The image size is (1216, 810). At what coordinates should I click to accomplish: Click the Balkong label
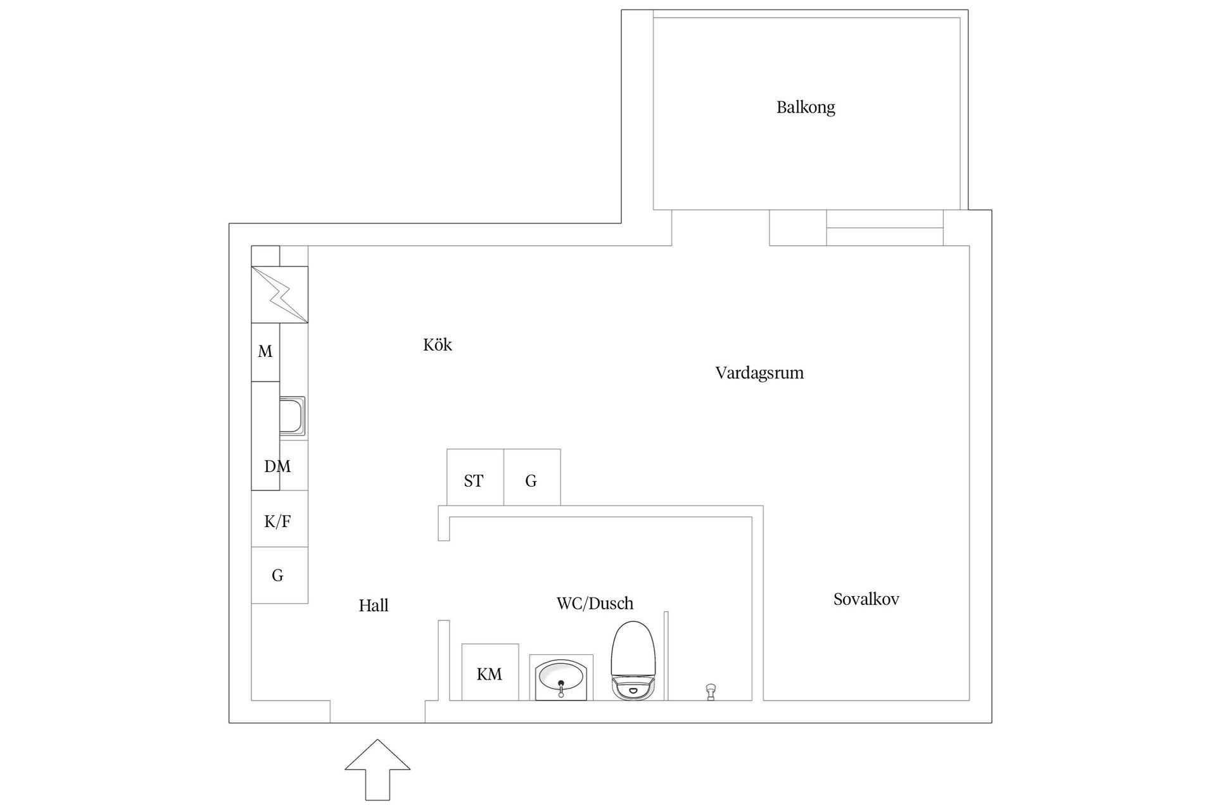click(x=806, y=107)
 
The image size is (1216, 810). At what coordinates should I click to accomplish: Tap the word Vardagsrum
click(x=759, y=373)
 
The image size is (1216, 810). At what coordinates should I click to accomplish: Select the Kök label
click(x=437, y=345)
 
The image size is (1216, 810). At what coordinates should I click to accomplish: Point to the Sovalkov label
click(x=866, y=599)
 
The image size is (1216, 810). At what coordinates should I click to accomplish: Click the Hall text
click(x=373, y=606)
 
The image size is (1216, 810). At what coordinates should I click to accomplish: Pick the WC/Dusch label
click(x=595, y=603)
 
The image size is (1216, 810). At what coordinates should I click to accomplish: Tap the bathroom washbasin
click(x=560, y=679)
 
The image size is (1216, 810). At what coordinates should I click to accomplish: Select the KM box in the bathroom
click(x=490, y=673)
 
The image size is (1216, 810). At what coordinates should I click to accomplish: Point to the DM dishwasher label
click(x=277, y=466)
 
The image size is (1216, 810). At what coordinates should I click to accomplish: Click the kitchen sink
click(x=292, y=416)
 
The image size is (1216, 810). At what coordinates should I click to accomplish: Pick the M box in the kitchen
click(x=265, y=352)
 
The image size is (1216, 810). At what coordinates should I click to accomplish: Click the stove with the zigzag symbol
click(x=279, y=294)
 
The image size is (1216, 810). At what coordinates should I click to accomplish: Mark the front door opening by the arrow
click(x=377, y=711)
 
